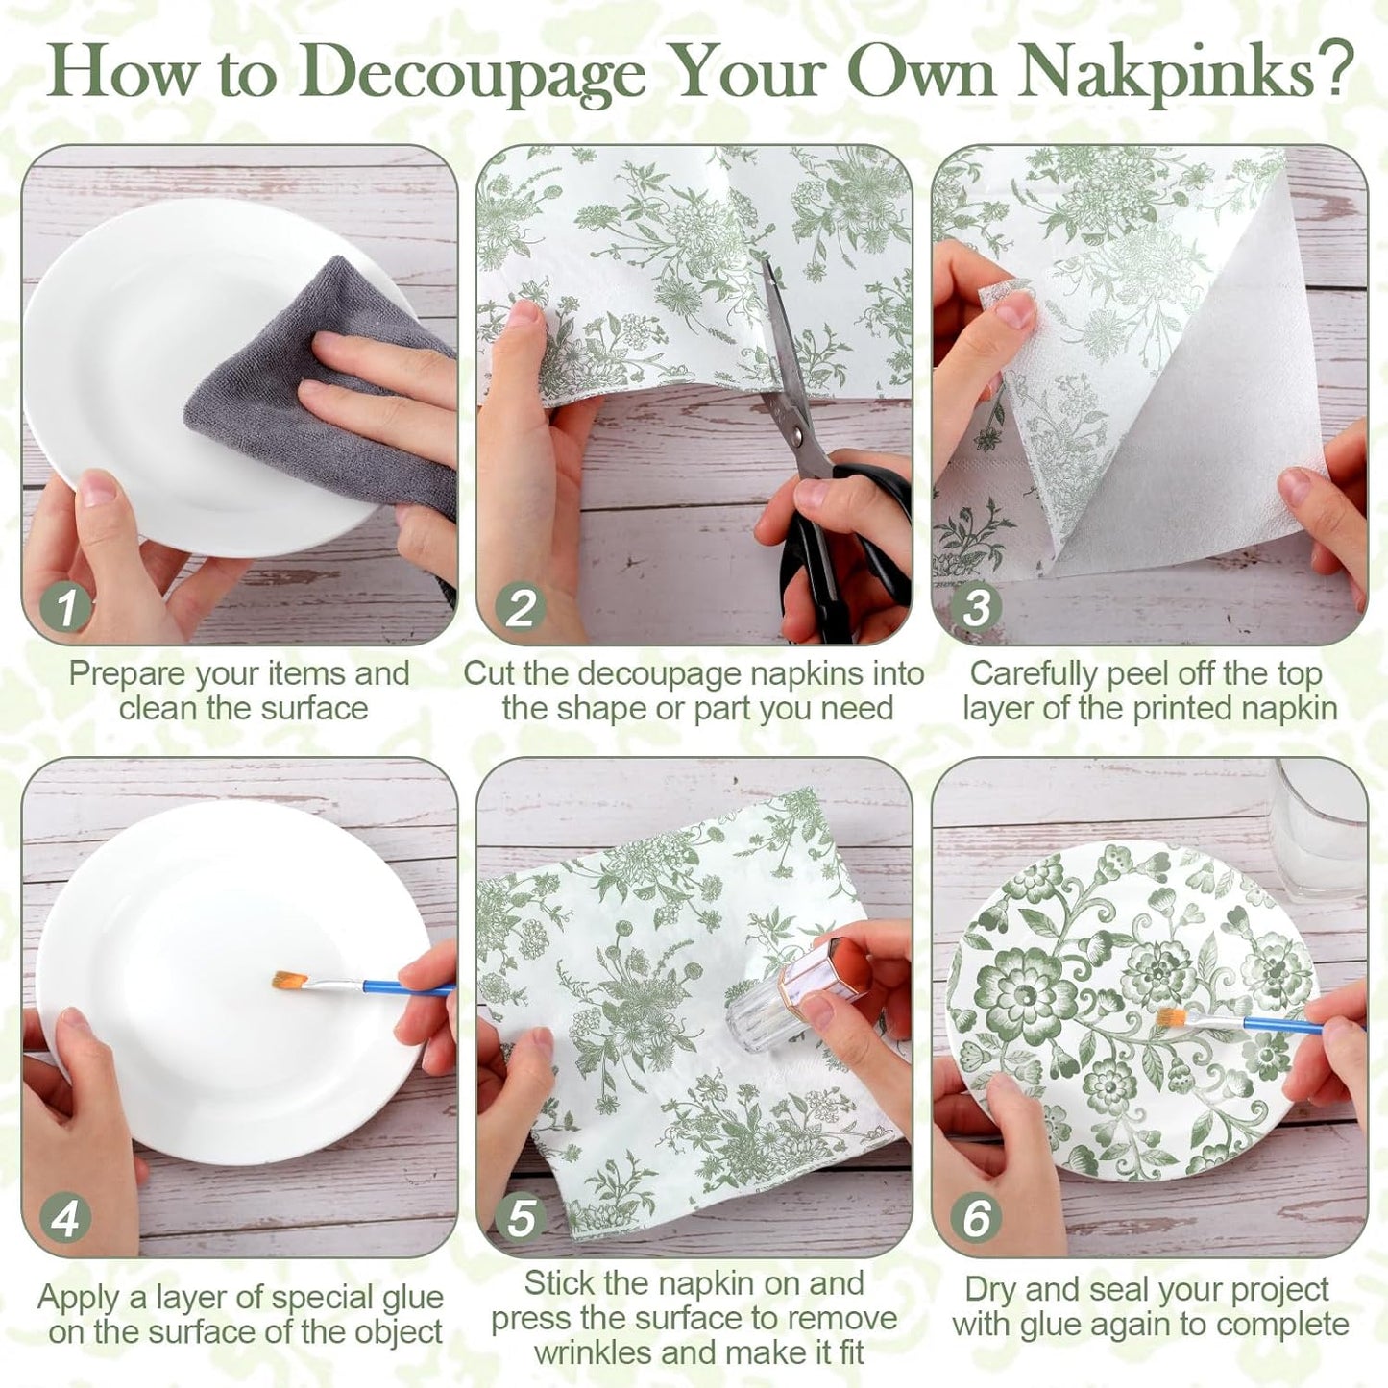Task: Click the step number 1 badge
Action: coord(66,607)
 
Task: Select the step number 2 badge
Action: coord(521,607)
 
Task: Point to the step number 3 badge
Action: coord(976,607)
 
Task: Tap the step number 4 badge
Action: coord(66,1218)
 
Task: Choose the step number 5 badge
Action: coord(521,1218)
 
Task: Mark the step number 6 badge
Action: coord(976,1218)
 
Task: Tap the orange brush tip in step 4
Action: coord(286,980)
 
